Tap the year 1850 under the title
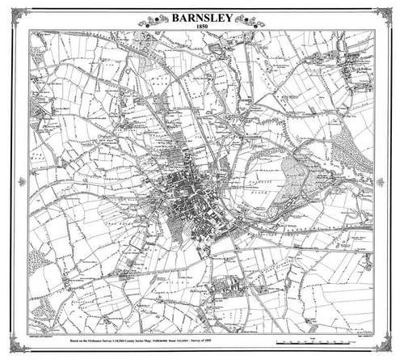pos(200,29)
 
